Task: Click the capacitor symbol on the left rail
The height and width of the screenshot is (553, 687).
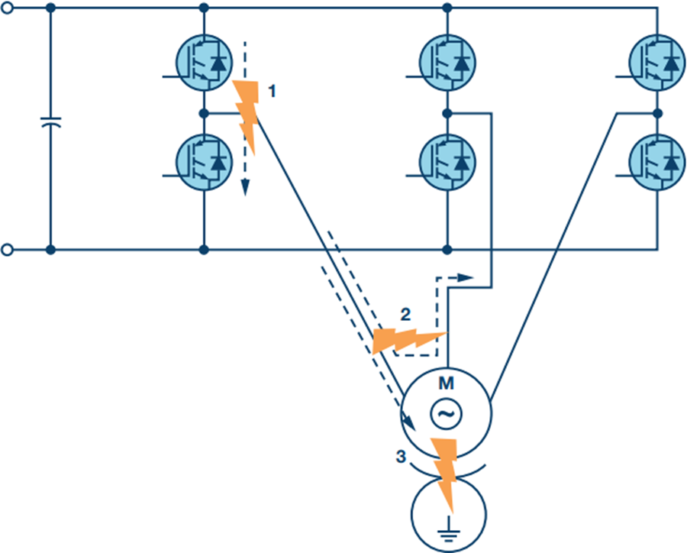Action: tap(50, 122)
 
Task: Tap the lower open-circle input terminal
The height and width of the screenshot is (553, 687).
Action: tap(8, 250)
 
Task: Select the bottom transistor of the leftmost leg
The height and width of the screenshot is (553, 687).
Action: tap(204, 162)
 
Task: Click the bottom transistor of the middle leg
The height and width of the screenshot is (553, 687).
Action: tap(448, 162)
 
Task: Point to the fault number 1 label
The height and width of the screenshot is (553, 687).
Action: tap(271, 91)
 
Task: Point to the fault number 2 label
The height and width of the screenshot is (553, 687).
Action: tap(405, 314)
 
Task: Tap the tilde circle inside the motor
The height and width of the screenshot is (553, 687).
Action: tap(446, 413)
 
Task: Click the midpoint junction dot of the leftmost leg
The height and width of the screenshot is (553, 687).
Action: tap(204, 113)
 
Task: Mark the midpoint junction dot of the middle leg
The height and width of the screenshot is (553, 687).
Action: tap(448, 113)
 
